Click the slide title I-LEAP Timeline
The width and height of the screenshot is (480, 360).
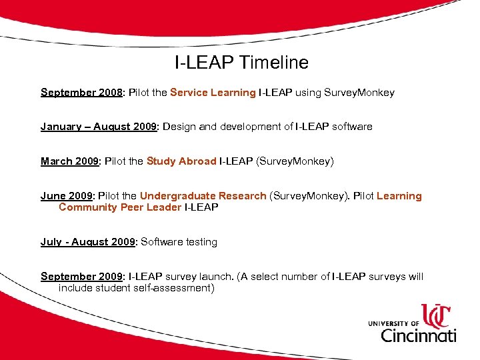tap(241, 63)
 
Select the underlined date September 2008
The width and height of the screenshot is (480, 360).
tap(82, 93)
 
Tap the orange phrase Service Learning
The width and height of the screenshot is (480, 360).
tap(213, 93)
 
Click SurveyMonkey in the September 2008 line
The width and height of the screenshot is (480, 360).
tap(359, 93)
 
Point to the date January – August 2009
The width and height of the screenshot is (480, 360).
tap(98, 127)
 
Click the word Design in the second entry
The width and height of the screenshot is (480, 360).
tap(178, 127)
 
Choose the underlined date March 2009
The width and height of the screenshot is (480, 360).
tap(69, 161)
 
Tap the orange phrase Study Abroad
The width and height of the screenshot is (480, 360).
tap(181, 161)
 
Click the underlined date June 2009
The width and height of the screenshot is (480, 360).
tap(67, 196)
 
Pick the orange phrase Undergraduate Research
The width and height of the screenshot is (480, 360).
tap(203, 196)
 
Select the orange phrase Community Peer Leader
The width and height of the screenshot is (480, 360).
tap(120, 207)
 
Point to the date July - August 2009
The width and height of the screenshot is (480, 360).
tap(87, 242)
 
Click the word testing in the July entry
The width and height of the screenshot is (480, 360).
tap(200, 242)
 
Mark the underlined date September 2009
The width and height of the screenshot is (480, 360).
tap(82, 277)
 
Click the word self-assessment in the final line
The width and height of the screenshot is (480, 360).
tap(175, 288)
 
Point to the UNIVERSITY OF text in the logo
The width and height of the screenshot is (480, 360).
tap(393, 323)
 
